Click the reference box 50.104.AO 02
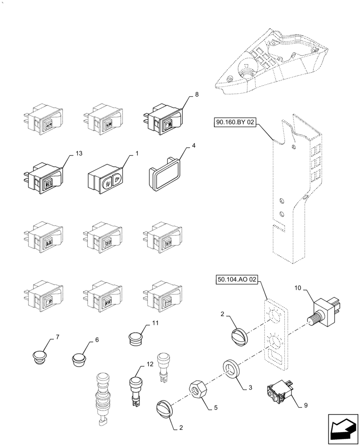(x=237, y=280)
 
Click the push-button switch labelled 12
(x=135, y=388)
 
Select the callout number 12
(x=150, y=364)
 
